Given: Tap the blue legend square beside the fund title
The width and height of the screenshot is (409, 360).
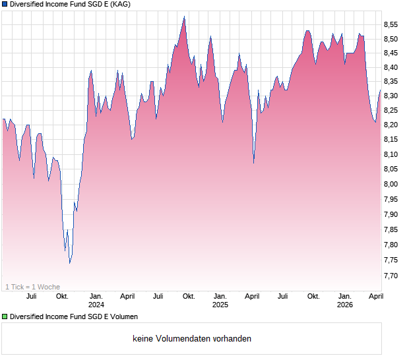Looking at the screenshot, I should click(5, 4).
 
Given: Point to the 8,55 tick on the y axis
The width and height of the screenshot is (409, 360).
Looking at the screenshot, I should click(391, 24).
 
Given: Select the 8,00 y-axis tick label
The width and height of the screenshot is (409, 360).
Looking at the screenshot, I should click(391, 184).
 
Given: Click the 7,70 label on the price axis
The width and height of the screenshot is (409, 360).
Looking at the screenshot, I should click(391, 276).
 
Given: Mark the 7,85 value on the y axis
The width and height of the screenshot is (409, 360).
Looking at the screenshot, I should click(391, 229).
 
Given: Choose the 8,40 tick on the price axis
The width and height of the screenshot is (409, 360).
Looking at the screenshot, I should click(391, 67).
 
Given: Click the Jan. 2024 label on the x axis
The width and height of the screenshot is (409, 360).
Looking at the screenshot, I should click(96, 301).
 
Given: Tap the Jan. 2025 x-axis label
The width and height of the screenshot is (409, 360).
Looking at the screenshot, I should click(220, 301).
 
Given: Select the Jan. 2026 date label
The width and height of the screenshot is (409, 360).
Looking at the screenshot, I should click(344, 301).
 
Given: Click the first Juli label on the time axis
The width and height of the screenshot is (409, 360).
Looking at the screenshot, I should click(32, 296).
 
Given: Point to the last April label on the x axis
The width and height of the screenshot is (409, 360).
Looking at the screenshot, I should click(375, 296).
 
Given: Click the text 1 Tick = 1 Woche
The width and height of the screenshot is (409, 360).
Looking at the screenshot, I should click(32, 287).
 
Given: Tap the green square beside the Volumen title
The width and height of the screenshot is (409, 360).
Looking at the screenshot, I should click(5, 316).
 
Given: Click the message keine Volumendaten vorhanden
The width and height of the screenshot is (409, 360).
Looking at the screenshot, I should click(192, 339).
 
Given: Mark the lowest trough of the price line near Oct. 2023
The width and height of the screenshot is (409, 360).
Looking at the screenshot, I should click(69, 262).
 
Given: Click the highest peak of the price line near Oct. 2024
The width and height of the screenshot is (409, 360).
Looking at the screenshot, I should click(184, 17).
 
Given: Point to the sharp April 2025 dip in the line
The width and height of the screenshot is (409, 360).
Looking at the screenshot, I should click(254, 163).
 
